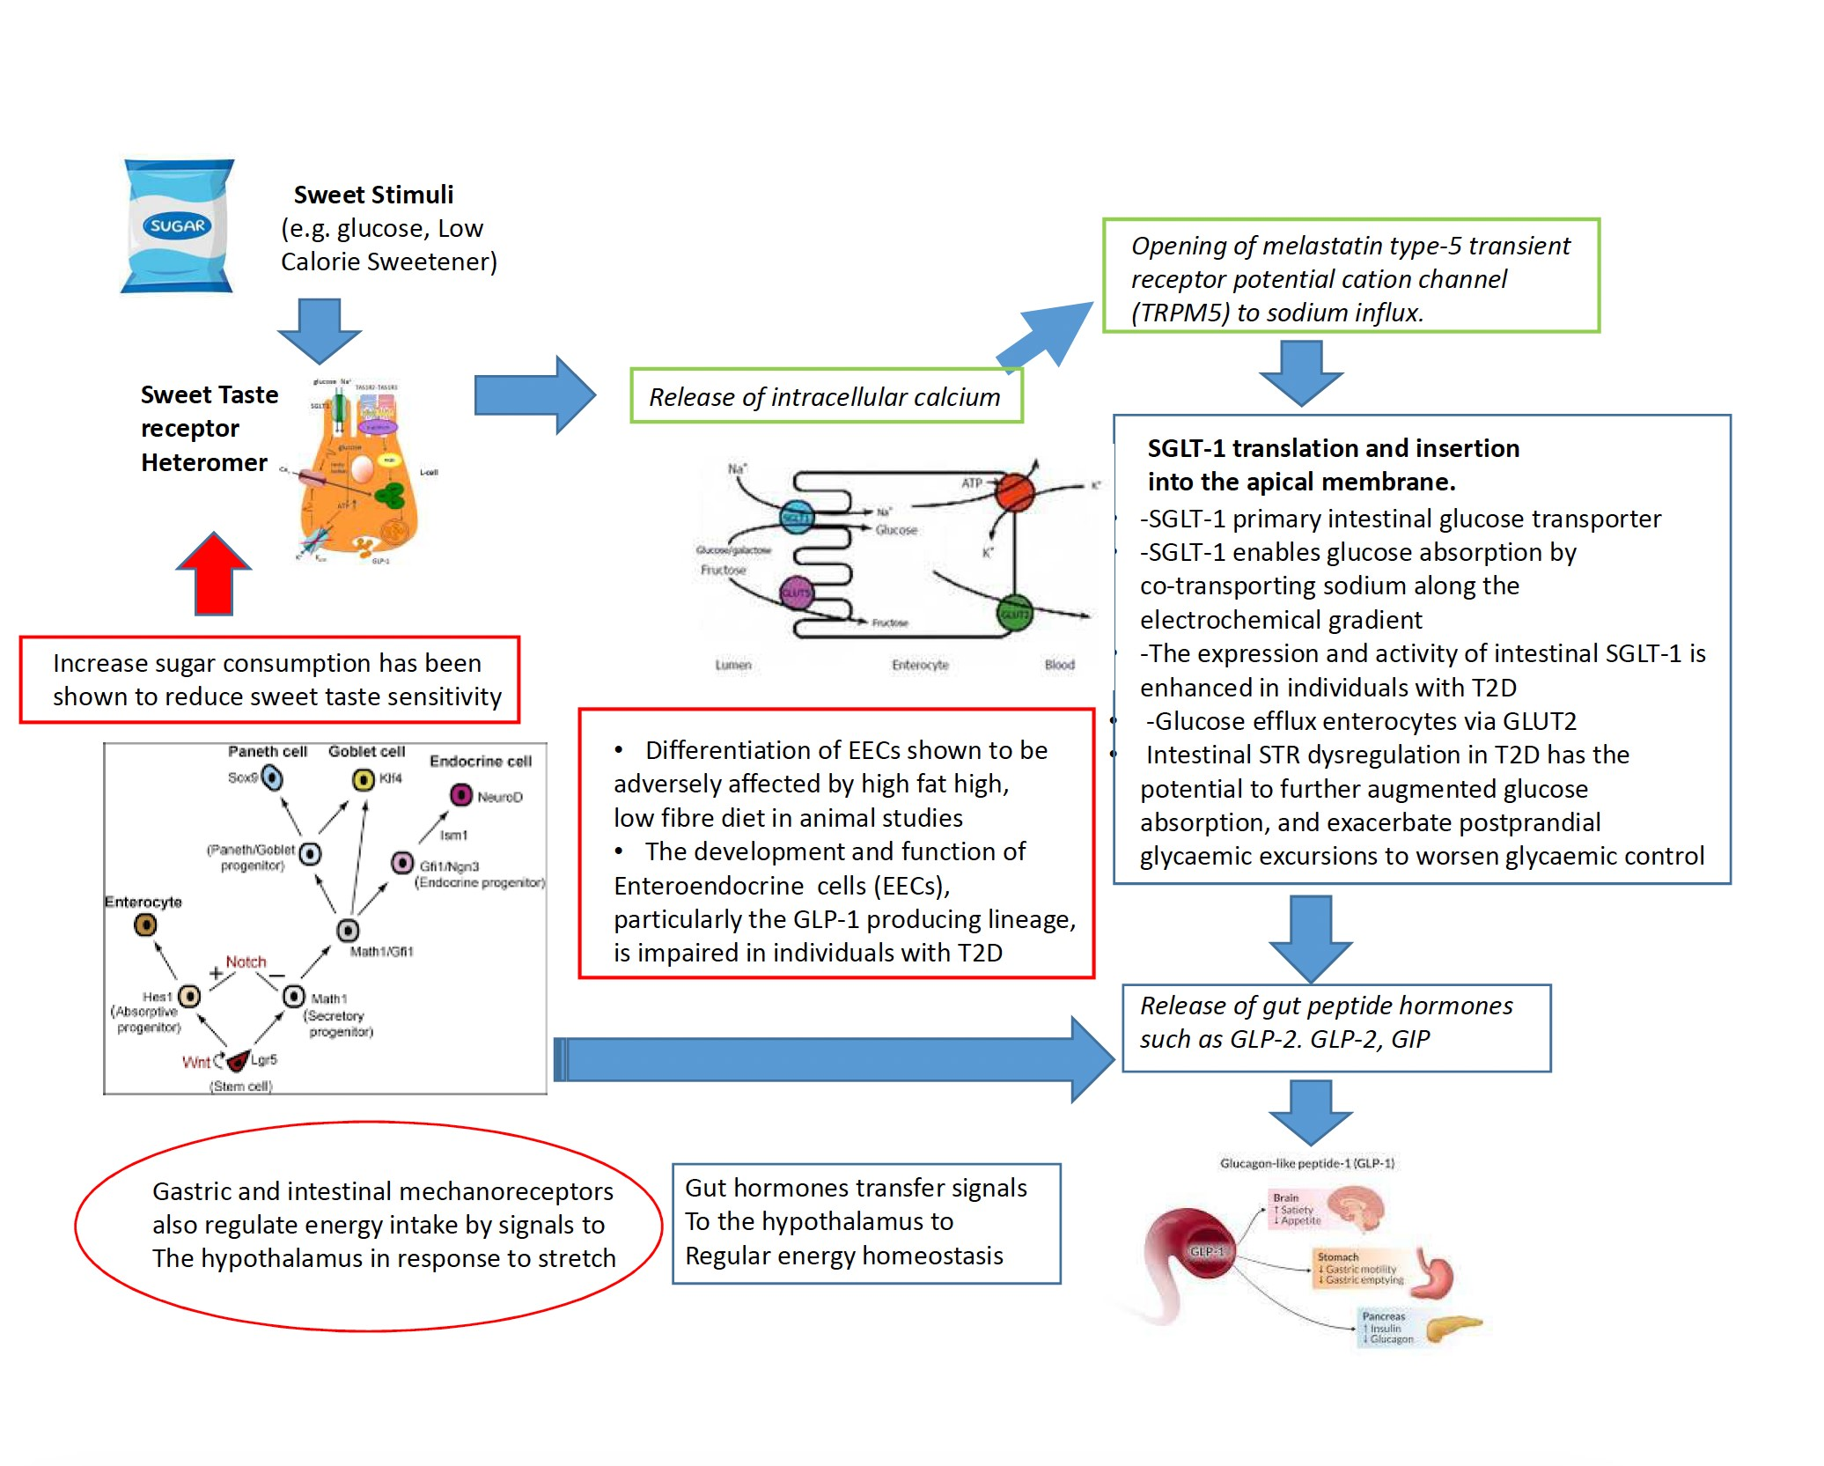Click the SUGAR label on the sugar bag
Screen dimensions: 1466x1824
[178, 226]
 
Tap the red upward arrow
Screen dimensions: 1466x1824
[214, 576]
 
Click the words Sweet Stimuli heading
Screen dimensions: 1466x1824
[373, 195]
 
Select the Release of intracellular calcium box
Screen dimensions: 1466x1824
[826, 396]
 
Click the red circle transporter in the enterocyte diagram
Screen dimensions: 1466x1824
[1014, 491]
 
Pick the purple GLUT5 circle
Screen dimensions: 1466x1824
[796, 593]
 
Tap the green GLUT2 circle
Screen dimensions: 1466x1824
[1014, 614]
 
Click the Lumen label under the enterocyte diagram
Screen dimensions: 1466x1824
[732, 665]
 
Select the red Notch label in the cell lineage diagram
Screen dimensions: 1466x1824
[246, 961]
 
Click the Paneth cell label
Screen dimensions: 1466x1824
[267, 751]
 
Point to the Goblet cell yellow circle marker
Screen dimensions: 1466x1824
[363, 779]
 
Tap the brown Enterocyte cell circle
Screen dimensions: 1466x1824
[145, 925]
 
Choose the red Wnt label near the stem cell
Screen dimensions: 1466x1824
[195, 1062]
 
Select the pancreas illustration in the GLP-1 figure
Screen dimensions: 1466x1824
[1453, 1326]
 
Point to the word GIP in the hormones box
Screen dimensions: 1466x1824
[1410, 1040]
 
